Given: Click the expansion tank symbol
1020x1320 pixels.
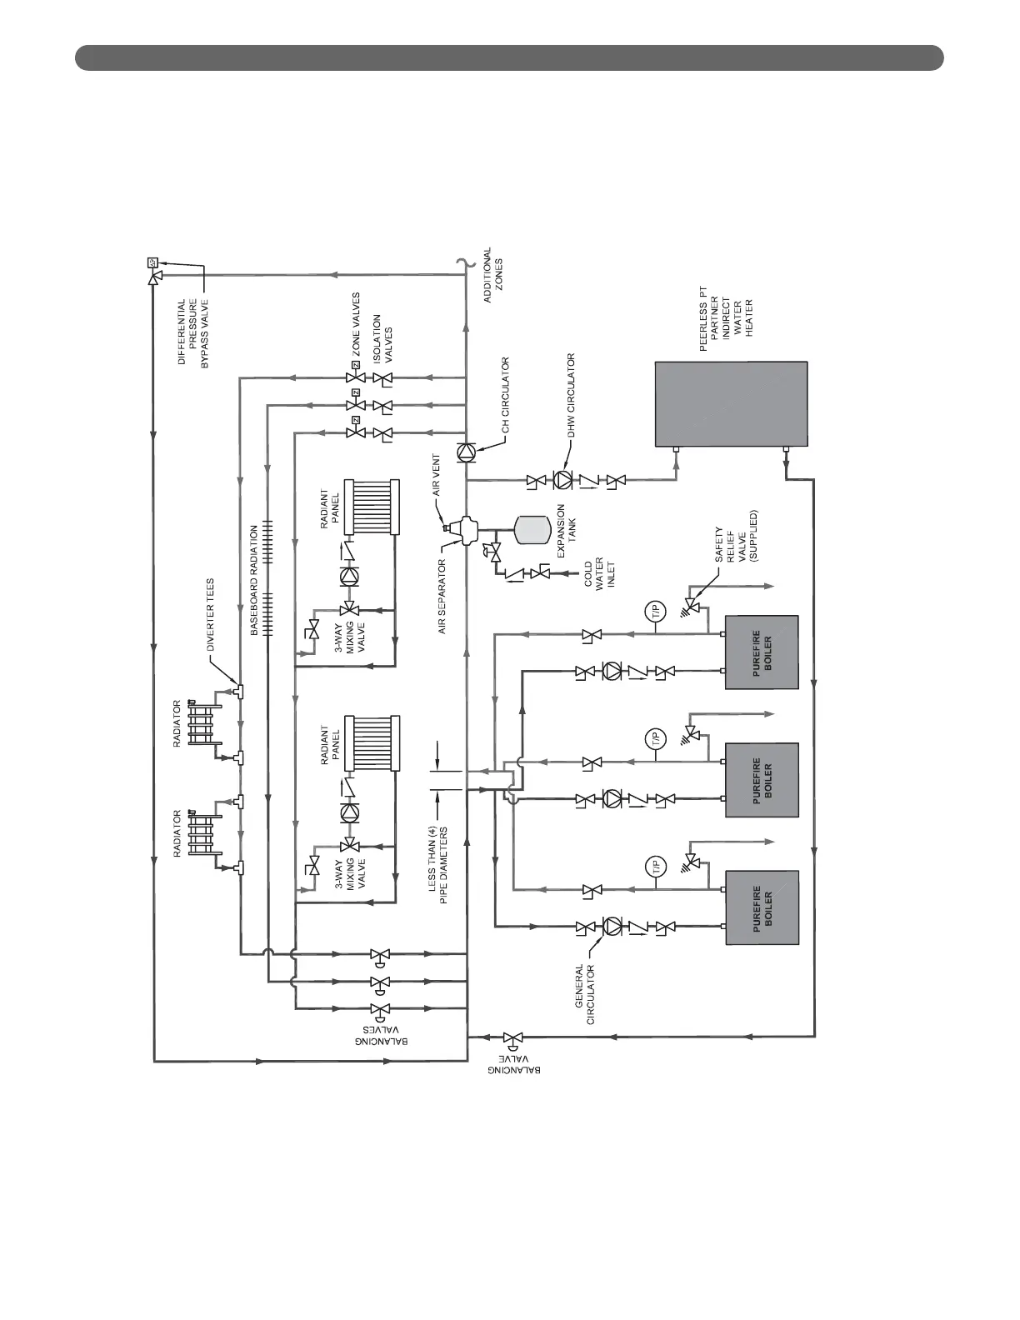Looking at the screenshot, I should tap(531, 527).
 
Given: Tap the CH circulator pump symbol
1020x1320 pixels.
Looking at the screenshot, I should tap(465, 451).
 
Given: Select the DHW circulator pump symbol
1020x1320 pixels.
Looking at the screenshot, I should tap(565, 480).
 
